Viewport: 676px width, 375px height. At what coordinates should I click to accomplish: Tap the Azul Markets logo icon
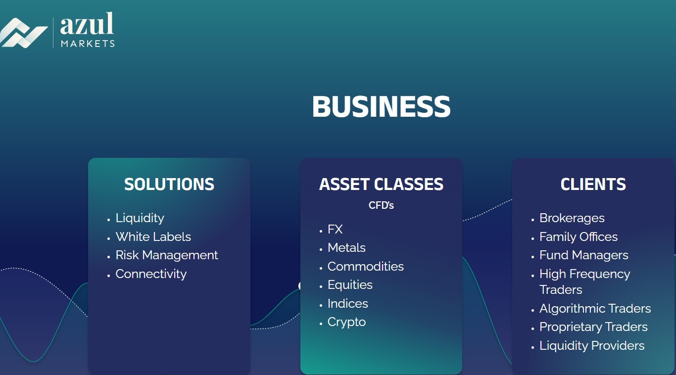(x=23, y=33)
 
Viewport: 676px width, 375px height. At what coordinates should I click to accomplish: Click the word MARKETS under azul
(x=88, y=44)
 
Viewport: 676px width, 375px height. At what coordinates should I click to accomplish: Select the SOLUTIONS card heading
(x=169, y=184)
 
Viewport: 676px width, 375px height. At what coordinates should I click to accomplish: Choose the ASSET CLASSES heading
(x=381, y=184)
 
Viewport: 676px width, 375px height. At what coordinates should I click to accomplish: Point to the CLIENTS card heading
(x=593, y=184)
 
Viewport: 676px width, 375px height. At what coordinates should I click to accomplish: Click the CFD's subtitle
(x=381, y=205)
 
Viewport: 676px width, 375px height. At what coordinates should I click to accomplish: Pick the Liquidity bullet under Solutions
(x=140, y=218)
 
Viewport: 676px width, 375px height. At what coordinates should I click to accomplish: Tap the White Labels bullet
(x=153, y=237)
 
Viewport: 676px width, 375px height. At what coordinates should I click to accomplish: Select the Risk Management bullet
(x=167, y=255)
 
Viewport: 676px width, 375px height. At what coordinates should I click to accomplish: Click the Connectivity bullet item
(x=151, y=274)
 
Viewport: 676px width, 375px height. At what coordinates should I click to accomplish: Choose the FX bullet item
(x=335, y=230)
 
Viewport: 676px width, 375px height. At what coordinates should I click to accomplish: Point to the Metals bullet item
(x=346, y=248)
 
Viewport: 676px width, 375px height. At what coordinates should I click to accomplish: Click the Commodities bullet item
(x=365, y=267)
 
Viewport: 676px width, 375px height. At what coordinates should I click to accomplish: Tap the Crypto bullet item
(x=346, y=322)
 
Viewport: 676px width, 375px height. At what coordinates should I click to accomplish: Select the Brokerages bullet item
(x=572, y=218)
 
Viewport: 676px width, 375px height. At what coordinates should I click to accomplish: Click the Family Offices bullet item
(x=579, y=237)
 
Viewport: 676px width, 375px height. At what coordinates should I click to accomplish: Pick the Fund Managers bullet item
(x=583, y=255)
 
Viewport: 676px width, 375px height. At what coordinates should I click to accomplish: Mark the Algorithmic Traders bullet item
(x=595, y=309)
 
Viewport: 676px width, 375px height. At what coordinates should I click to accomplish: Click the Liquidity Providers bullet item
(x=592, y=346)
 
